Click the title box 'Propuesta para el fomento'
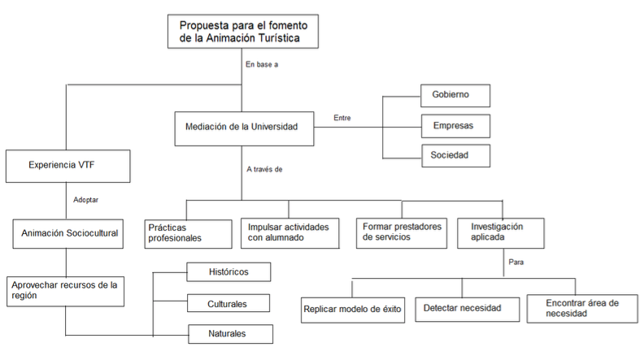click(x=243, y=32)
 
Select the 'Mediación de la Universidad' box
click(x=244, y=128)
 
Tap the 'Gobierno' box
click(x=455, y=96)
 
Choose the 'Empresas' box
click(x=455, y=126)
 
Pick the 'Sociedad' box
click(x=456, y=155)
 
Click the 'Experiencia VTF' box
click(x=67, y=167)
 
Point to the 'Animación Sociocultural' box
click(x=67, y=233)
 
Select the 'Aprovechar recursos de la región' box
click(x=65, y=292)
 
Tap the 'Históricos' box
click(x=228, y=271)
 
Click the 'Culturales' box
click(x=228, y=303)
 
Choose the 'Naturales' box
click(x=230, y=334)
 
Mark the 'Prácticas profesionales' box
click(x=188, y=234)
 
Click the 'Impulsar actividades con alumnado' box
click(x=290, y=233)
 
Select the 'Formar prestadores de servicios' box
click(x=401, y=233)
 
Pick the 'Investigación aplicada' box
click(x=501, y=233)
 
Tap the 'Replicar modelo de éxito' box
click(x=353, y=310)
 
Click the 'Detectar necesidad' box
click(x=467, y=309)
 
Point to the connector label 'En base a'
click(x=262, y=64)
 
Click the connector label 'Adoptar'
click(x=86, y=200)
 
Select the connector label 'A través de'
click(x=264, y=169)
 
